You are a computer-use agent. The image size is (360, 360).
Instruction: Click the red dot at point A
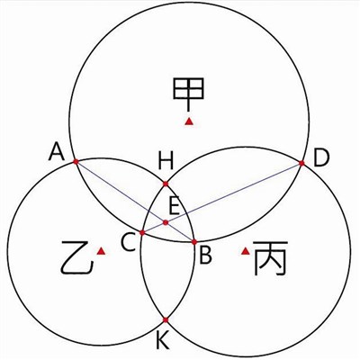pyautogui.click(x=76, y=162)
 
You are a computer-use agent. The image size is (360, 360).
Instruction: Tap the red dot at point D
pyautogui.click(x=301, y=163)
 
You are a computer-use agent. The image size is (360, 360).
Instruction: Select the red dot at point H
pyautogui.click(x=166, y=184)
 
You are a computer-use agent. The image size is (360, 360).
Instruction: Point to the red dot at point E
pyautogui.click(x=166, y=222)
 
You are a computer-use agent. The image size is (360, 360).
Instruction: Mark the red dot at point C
pyautogui.click(x=142, y=232)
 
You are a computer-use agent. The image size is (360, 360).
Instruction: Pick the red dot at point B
pyautogui.click(x=194, y=242)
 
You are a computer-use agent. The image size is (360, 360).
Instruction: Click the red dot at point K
pyautogui.click(x=166, y=320)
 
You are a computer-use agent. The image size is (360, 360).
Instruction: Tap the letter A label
pyautogui.click(x=57, y=151)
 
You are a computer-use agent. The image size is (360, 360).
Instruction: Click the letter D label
pyautogui.click(x=321, y=157)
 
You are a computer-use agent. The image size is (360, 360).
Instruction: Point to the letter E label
pyautogui.click(x=175, y=206)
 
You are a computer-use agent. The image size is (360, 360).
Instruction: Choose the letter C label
pyautogui.click(x=129, y=242)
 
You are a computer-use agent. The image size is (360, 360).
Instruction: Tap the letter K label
pyautogui.click(x=163, y=340)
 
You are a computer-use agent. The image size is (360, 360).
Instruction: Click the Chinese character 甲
pyautogui.click(x=188, y=94)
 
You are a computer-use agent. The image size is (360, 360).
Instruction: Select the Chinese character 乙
pyautogui.click(x=76, y=257)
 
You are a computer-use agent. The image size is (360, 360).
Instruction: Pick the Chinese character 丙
pyautogui.click(x=270, y=258)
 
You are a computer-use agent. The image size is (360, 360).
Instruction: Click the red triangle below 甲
pyautogui.click(x=189, y=121)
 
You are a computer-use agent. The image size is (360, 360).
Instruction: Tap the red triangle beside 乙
pyautogui.click(x=101, y=251)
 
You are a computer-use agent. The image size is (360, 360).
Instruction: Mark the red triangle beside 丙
pyautogui.click(x=246, y=251)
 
